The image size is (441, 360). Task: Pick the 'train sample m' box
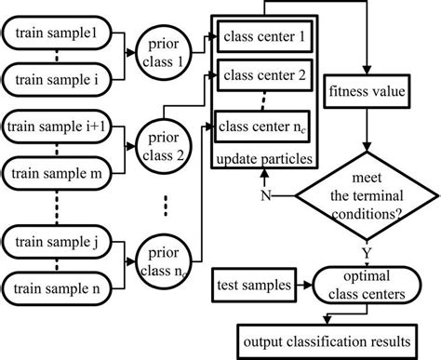(58, 171)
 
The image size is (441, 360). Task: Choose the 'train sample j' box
(58, 242)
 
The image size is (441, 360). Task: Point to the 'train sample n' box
(58, 288)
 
